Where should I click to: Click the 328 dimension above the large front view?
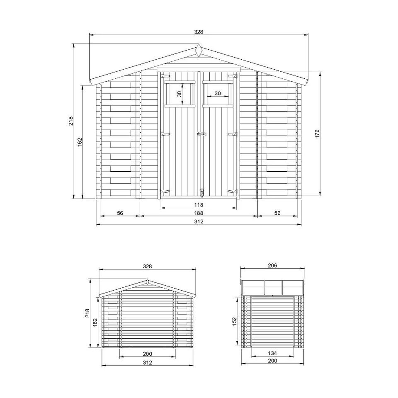coord(199,32)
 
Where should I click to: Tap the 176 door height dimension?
coord(317,134)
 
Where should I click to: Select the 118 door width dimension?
coord(199,204)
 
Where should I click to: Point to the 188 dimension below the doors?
coord(199,213)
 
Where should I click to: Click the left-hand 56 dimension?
coord(120,213)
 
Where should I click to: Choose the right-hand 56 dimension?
coord(277,213)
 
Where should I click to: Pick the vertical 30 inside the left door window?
coord(180,94)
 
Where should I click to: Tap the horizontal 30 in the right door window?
coord(218,93)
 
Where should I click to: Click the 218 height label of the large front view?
coord(70,121)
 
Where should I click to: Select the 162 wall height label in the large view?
coord(80,142)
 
